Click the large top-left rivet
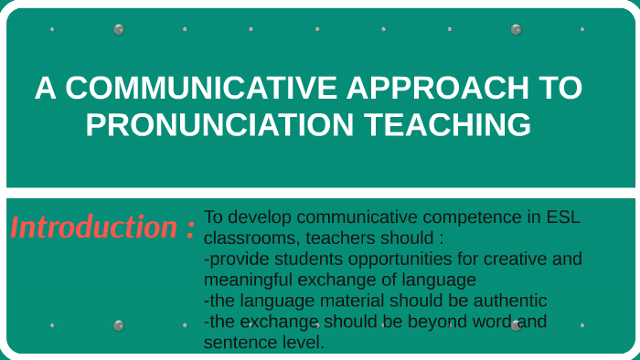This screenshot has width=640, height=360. (119, 29)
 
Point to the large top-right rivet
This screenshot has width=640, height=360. (517, 29)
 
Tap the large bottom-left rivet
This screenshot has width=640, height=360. (119, 325)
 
